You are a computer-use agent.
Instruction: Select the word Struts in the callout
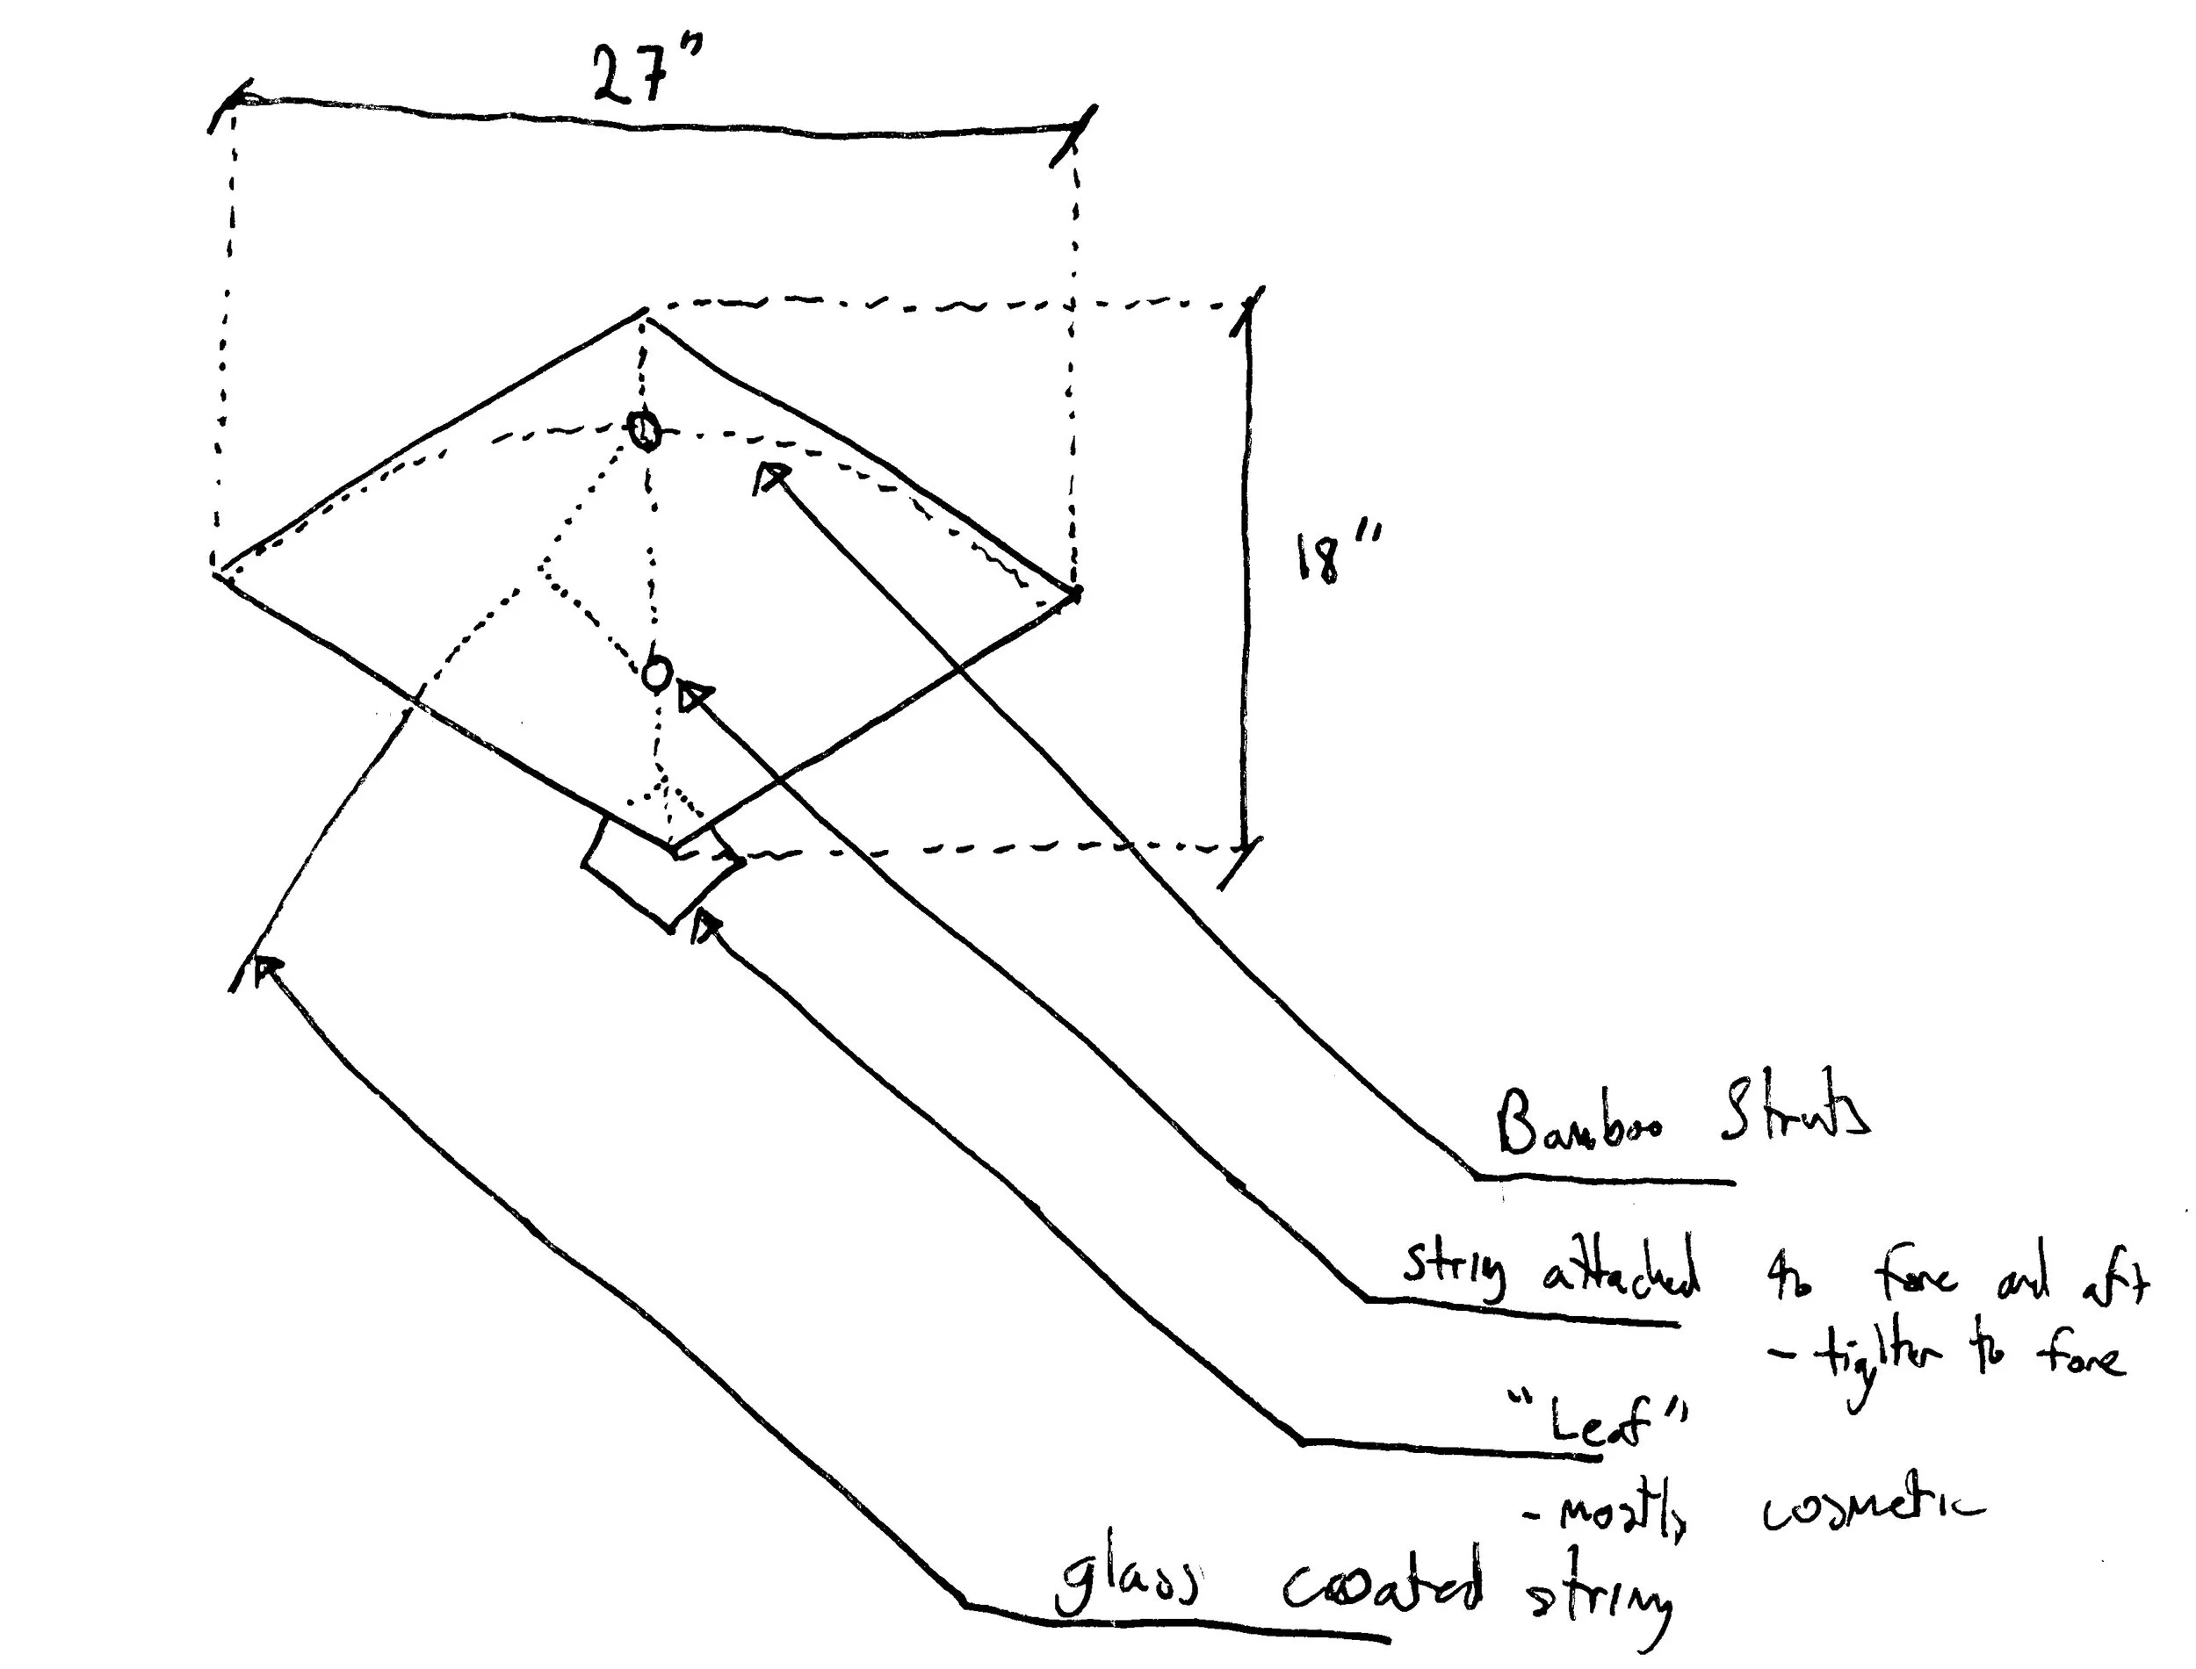coord(1795,1112)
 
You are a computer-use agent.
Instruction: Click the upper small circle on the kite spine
coord(645,430)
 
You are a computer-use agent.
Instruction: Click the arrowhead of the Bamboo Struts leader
coord(770,476)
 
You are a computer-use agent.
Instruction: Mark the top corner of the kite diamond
coord(645,312)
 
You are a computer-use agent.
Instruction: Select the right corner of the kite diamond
coord(1076,594)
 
